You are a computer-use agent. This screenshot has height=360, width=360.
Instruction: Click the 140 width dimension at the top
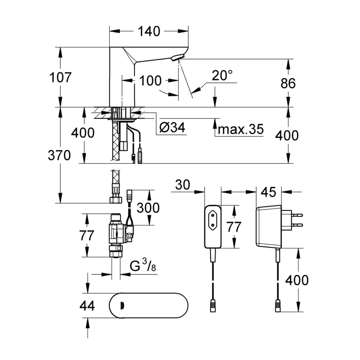pos(148,32)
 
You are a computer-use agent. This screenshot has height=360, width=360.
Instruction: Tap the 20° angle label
pos(222,75)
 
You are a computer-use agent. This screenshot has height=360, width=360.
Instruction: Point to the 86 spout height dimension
pos(288,83)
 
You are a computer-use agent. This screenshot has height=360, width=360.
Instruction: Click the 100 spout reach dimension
pos(150,81)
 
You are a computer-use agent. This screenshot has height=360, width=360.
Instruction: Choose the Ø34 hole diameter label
pos(172,128)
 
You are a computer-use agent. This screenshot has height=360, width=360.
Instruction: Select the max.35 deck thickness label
pos(240,130)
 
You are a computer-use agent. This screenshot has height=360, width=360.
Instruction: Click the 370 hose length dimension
pos(59,155)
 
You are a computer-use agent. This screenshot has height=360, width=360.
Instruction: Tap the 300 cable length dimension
pos(148,208)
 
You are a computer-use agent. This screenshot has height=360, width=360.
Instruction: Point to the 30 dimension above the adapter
pos(182,185)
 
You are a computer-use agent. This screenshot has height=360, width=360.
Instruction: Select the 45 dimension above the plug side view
pos(269,192)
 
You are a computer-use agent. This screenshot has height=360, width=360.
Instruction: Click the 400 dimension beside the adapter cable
pos(296,280)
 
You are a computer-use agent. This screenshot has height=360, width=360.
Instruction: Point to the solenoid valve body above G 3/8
pos(116,232)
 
